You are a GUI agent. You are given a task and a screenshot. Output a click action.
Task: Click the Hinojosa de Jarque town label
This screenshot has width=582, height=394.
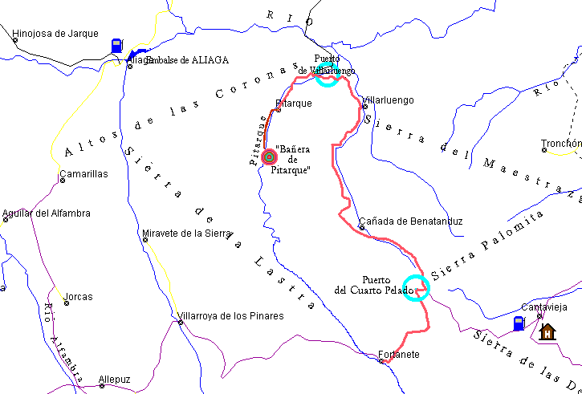click(x=55, y=34)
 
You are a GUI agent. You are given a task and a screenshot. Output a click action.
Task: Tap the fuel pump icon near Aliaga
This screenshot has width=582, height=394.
click(x=117, y=45)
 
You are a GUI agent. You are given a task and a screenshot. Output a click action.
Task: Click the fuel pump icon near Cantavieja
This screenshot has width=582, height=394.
click(x=519, y=323)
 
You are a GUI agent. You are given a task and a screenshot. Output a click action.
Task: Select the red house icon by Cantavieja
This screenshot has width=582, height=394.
click(x=547, y=331)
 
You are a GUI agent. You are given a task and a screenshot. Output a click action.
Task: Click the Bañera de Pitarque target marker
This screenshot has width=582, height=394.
click(x=269, y=156)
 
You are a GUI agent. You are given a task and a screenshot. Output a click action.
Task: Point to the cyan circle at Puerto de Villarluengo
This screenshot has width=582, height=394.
click(x=326, y=75)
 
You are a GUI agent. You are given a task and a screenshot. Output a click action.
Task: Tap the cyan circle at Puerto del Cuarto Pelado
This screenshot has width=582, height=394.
click(x=415, y=287)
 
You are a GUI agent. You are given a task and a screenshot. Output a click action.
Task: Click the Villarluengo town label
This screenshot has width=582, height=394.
click(x=389, y=100)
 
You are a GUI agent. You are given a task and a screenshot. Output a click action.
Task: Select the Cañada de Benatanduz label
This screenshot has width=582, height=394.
click(x=410, y=221)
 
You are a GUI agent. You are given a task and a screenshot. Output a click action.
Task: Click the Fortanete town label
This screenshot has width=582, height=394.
click(x=399, y=354)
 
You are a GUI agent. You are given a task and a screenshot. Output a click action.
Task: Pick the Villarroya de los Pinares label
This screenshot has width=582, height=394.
click(x=231, y=315)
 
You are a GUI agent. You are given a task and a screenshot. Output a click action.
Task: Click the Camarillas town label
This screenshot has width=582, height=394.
click(x=83, y=173)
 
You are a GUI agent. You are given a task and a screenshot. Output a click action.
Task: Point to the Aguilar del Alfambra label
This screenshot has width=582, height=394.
click(x=47, y=213)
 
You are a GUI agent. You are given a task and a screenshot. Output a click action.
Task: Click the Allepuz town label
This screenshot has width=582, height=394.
click(x=114, y=379)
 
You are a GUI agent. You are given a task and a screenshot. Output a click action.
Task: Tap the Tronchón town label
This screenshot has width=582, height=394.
click(x=561, y=144)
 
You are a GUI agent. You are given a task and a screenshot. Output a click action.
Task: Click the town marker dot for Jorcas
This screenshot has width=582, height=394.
click(x=66, y=303)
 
